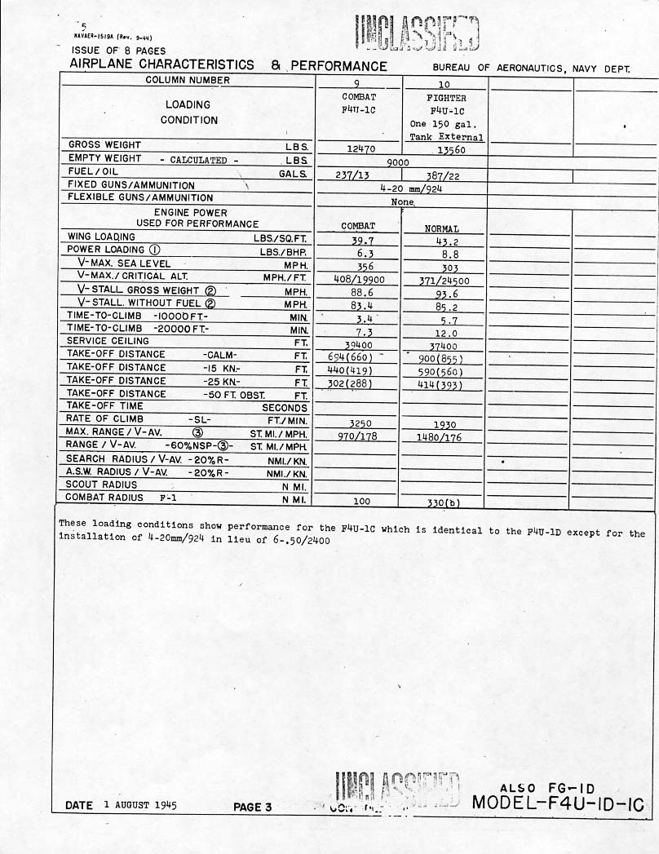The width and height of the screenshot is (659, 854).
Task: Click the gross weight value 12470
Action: pyautogui.click(x=357, y=148)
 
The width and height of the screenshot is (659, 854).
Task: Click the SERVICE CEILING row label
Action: pyautogui.click(x=108, y=341)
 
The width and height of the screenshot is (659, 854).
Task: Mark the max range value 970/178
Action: pyautogui.click(x=358, y=436)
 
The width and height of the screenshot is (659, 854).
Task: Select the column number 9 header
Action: pyautogui.click(x=358, y=83)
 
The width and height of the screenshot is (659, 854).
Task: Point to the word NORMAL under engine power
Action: pyautogui.click(x=442, y=229)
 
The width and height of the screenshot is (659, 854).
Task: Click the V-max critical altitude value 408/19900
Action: pyautogui.click(x=358, y=279)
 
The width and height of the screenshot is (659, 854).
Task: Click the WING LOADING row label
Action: pyautogui.click(x=100, y=237)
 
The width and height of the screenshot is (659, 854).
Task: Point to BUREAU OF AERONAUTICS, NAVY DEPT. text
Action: pyautogui.click(x=532, y=69)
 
